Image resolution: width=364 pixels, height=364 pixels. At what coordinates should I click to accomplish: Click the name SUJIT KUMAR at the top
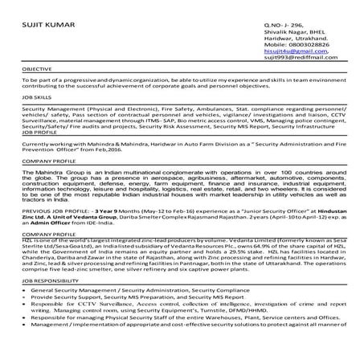[x=50, y=27]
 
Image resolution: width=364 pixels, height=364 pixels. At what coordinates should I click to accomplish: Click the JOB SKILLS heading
[x=36, y=96]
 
